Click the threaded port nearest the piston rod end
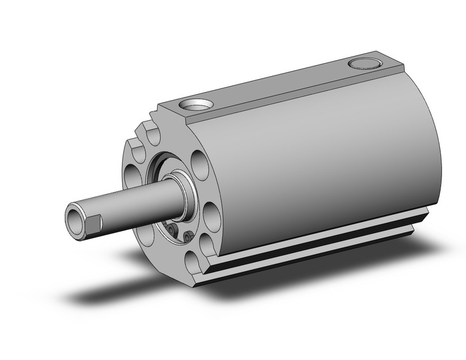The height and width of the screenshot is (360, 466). [197, 105]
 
